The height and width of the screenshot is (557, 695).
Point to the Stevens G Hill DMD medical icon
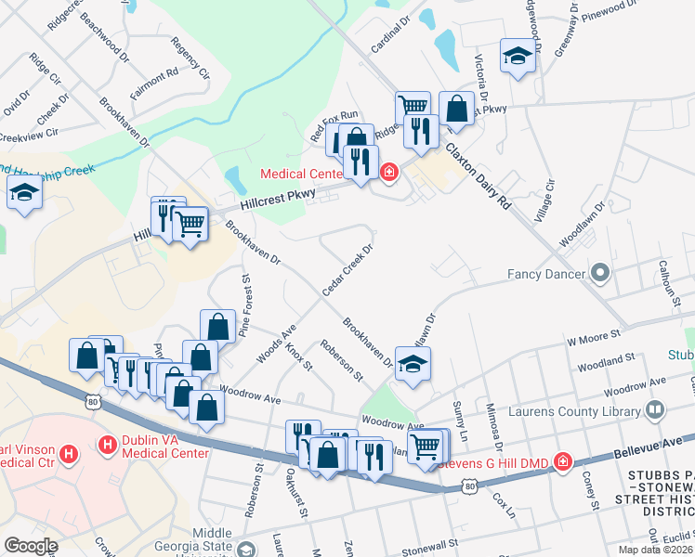[x=562, y=461]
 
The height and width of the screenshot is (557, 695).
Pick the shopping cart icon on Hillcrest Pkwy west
[x=190, y=222]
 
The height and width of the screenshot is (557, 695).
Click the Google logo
[x=31, y=546]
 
